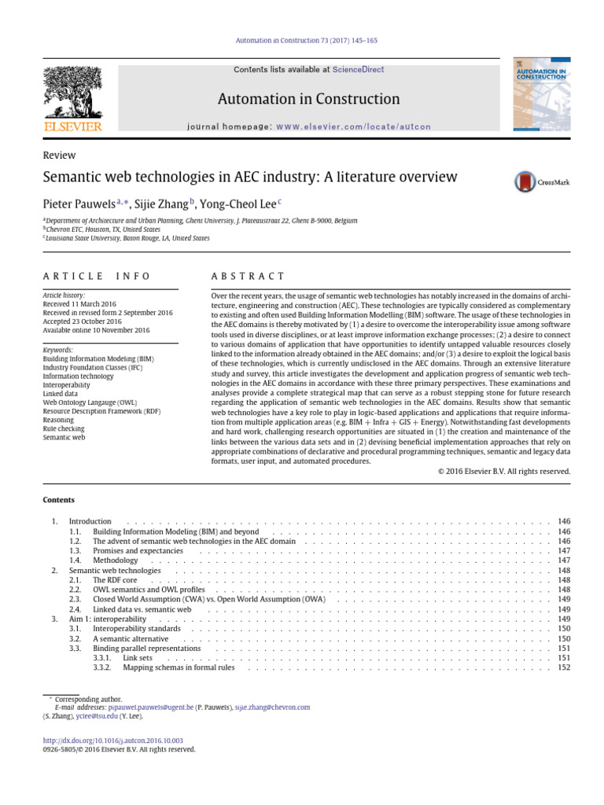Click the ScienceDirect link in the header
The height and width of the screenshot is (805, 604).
(358, 70)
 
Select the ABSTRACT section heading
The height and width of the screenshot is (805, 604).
(249, 276)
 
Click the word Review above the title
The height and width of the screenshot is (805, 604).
(59, 156)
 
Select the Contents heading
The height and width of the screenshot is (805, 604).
(59, 500)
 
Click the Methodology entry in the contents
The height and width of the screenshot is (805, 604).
(116, 560)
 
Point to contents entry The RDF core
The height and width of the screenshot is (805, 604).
(116, 579)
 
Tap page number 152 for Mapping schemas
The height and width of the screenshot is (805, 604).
(563, 667)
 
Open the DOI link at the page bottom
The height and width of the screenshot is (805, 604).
(113, 741)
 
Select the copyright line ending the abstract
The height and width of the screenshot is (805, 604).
(503, 472)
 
